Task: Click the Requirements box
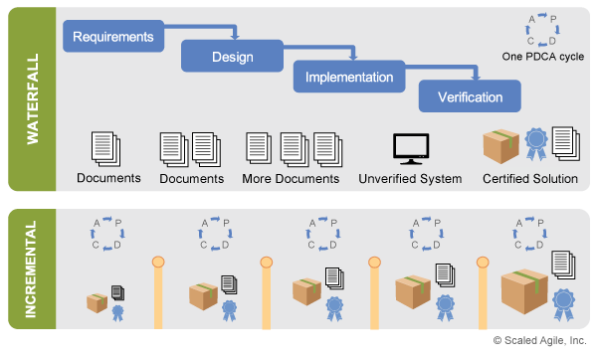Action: (x=112, y=37)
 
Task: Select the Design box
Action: (x=232, y=57)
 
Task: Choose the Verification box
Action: (x=470, y=96)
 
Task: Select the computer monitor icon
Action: (x=410, y=148)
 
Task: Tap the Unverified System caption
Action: (x=410, y=179)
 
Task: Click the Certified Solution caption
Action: (x=530, y=179)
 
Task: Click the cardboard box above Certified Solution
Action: (x=500, y=147)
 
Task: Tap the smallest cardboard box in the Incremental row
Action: (x=98, y=302)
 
